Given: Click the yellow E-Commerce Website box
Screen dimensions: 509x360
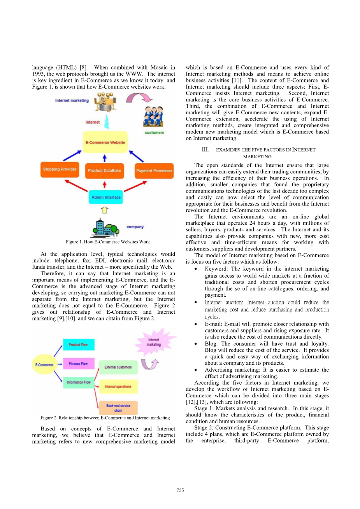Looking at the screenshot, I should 105,142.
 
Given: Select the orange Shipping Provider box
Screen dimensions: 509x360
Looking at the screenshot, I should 60,170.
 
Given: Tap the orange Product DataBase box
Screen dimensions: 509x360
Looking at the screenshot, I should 104,170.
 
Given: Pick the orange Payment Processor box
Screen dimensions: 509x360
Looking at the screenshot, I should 154,171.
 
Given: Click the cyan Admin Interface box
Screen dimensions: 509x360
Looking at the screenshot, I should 106,197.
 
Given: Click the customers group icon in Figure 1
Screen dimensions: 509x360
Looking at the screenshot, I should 153,116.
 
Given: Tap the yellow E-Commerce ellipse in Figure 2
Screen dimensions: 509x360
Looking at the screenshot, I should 44,365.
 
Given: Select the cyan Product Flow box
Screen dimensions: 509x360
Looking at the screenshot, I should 78,345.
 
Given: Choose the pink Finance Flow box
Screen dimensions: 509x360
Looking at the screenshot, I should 78,364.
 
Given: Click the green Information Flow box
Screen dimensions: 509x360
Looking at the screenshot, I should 78,382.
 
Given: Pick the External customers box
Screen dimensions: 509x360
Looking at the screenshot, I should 118,367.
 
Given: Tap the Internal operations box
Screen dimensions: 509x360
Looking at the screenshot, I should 118,387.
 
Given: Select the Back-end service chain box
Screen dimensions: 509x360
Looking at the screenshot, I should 118,408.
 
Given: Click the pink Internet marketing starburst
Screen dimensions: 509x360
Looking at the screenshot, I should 154,342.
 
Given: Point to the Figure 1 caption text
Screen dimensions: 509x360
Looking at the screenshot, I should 108,242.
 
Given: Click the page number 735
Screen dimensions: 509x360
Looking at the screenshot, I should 180,490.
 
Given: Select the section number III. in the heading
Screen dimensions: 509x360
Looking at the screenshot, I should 205,150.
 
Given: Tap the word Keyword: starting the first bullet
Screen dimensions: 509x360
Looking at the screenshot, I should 216,269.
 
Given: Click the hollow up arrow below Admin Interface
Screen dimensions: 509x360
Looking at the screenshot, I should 104,210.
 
